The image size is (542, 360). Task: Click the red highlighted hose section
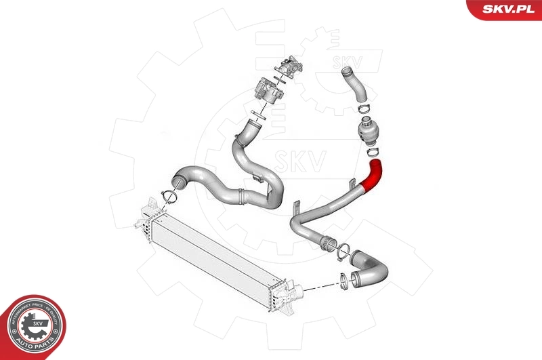pyautogui.click(x=373, y=174)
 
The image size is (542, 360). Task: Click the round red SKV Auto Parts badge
pyautogui.click(x=33, y=327)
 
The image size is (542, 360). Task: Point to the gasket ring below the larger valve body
pyautogui.click(x=255, y=111)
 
